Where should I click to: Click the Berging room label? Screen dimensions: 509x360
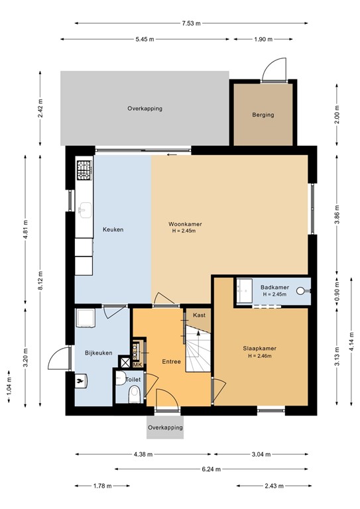pyautogui.click(x=263, y=115)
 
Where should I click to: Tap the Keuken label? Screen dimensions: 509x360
pyautogui.click(x=113, y=230)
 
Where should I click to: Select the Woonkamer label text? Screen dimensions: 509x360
pyautogui.click(x=185, y=225)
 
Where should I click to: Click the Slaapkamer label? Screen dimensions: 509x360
pyautogui.click(x=259, y=348)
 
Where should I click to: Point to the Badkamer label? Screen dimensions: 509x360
pyautogui.click(x=273, y=286)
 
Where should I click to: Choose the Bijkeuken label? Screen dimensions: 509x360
pyautogui.click(x=98, y=353)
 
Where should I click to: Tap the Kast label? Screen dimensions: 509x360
pyautogui.click(x=199, y=315)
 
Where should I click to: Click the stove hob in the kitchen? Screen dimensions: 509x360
pyautogui.click(x=84, y=171)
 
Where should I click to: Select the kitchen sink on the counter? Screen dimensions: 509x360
pyautogui.click(x=84, y=211)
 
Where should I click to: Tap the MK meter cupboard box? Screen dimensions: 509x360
pyautogui.click(x=138, y=365)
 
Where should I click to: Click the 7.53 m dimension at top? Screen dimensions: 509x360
pyautogui.click(x=192, y=24)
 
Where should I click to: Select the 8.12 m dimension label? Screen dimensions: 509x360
pyautogui.click(x=41, y=273)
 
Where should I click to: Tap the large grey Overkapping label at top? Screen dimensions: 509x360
pyautogui.click(x=145, y=108)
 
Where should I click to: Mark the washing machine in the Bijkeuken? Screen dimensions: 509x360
pyautogui.click(x=85, y=319)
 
